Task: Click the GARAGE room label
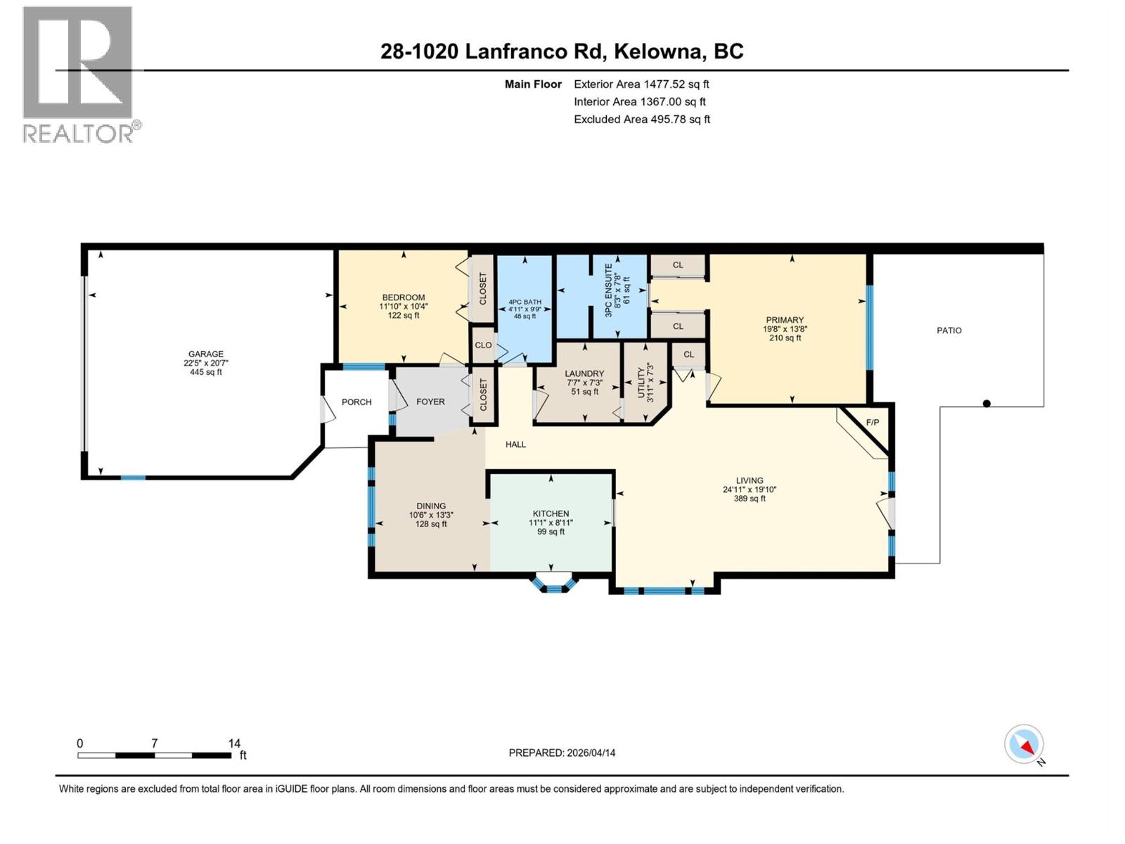tap(205, 354)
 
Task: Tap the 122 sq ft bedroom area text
tap(403, 316)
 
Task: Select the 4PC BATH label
tap(525, 302)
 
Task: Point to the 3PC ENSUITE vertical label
tap(609, 289)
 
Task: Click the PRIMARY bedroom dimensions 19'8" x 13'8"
tap(784, 329)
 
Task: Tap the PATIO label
tap(949, 330)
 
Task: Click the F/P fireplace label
tap(872, 423)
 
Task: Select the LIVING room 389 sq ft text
tap(750, 499)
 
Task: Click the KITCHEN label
tap(551, 513)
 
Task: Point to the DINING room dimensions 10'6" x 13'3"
tap(431, 515)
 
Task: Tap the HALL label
tap(515, 444)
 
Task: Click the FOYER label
tap(430, 402)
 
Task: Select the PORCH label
tap(356, 402)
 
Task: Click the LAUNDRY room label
tap(584, 373)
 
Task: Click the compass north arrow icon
tap(1024, 744)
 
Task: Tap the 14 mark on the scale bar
tap(234, 743)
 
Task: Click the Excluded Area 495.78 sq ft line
tap(641, 119)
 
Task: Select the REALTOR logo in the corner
tap(78, 74)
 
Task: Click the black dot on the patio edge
tap(986, 404)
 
